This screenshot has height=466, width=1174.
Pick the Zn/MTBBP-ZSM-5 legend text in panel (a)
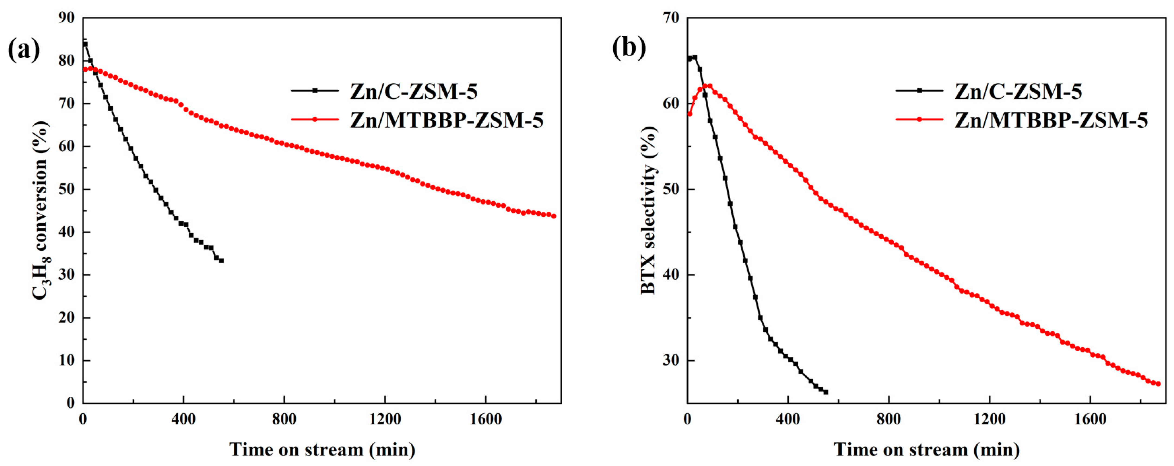[x=447, y=120]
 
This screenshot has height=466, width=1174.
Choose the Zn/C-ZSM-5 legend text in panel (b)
[x=1018, y=92]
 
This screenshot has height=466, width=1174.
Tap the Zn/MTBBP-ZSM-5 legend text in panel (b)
[x=1051, y=120]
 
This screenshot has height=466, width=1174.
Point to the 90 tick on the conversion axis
[x=67, y=18]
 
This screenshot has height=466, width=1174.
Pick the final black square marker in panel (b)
[x=826, y=392]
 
